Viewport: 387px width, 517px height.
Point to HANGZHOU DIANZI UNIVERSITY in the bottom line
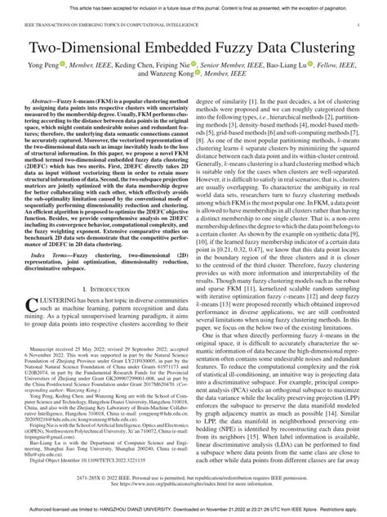pyautogui.click(x=150, y=509)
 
